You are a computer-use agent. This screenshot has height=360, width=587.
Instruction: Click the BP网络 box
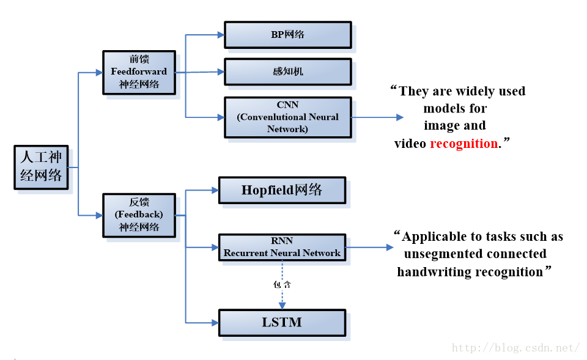pos(288,35)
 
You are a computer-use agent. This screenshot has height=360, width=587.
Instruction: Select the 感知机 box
pos(288,72)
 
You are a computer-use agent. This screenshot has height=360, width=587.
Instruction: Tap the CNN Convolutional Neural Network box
pos(288,117)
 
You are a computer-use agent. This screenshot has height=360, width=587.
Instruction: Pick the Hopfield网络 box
pos(282,190)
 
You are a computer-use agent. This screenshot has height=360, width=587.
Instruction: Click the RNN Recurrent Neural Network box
pos(282,248)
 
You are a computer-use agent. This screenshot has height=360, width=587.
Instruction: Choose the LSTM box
pos(282,323)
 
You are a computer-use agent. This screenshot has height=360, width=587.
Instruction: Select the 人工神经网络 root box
pos(41,167)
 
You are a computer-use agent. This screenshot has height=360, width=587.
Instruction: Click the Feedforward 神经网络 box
pos(139,72)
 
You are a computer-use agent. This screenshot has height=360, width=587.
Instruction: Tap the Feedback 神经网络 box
pos(139,215)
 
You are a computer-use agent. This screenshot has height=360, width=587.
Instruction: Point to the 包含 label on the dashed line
pos(282,285)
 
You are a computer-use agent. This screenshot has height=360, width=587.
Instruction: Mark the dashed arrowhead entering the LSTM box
pos(282,306)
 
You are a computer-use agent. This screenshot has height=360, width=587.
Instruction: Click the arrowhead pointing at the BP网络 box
pos(221,35)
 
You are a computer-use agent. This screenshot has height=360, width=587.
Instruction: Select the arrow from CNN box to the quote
pos(377,117)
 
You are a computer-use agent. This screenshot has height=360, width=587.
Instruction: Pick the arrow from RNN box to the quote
pos(369,248)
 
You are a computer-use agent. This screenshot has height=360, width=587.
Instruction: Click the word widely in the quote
pos(476,92)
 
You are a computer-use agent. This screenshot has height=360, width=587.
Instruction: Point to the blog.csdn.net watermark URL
pos(516,348)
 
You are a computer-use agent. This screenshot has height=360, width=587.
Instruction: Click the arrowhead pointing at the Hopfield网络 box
pos(215,190)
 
